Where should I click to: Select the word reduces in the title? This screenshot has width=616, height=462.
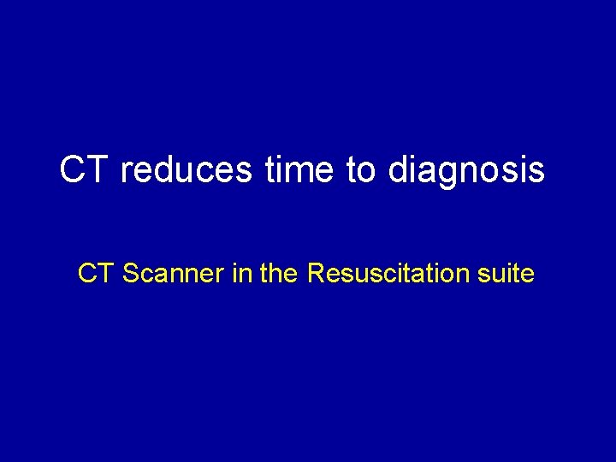186,169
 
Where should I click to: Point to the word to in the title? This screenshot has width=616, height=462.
362,169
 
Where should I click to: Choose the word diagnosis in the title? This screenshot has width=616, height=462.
466,171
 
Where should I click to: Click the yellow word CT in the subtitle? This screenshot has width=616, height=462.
97,274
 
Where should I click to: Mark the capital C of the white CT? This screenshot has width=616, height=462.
74,169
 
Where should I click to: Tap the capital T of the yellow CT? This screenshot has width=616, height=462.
108,274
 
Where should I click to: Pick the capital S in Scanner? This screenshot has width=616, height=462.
131,274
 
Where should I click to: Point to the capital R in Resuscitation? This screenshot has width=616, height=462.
315,274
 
